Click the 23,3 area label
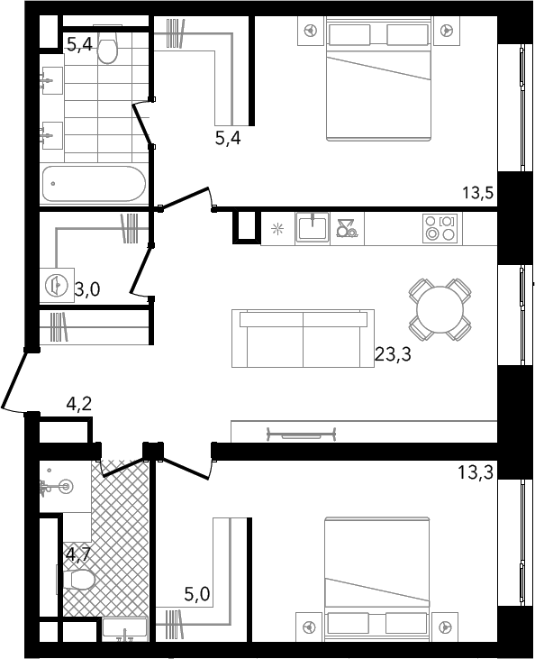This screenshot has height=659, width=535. point(393,354)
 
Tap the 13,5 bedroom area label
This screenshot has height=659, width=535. point(478,193)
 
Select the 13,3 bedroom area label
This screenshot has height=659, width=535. point(476,472)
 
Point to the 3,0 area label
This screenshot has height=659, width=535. point(87,289)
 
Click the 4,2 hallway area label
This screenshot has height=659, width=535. point(79,404)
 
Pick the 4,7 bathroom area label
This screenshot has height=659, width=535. point(78,554)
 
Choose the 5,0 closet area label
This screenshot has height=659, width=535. point(197,594)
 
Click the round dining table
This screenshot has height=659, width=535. point(440,310)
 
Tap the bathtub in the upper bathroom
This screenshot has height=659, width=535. point(94,184)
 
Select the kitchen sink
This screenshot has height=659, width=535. point(312,227)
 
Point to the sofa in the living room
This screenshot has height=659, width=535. point(303,338)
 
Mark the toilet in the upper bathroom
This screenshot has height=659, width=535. point(108,46)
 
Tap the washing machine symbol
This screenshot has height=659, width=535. point(57,286)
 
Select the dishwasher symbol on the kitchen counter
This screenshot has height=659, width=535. point(347,229)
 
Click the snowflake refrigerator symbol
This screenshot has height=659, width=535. point(277,229)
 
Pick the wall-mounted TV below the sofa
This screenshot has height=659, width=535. point(301,435)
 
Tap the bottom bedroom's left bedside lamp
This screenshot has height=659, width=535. point(310,627)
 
